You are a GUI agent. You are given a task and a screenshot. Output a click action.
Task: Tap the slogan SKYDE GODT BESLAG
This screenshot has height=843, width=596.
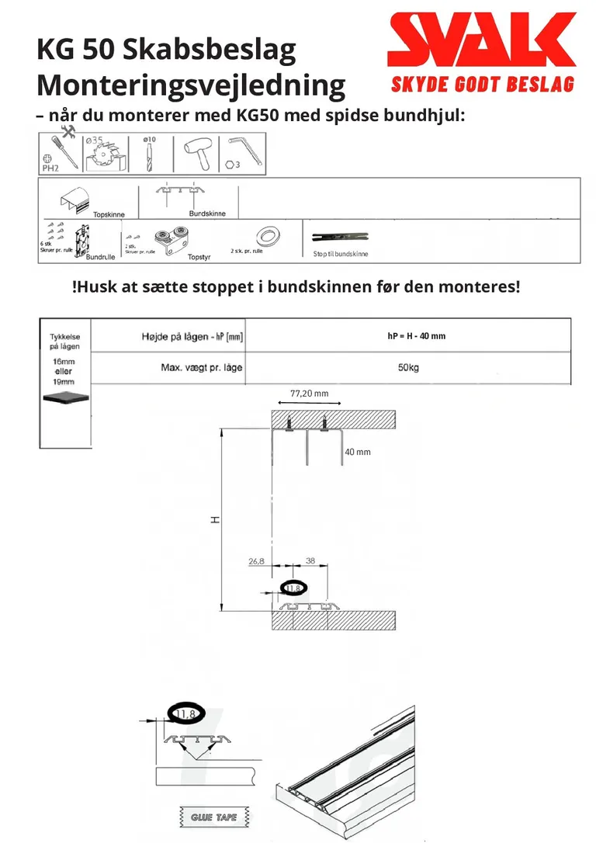pyautogui.click(x=482, y=83)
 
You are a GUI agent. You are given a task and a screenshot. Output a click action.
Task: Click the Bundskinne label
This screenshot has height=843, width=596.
pyautogui.click(x=207, y=213)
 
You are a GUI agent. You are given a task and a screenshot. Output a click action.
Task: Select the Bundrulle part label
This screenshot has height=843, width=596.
pyautogui.click(x=102, y=256)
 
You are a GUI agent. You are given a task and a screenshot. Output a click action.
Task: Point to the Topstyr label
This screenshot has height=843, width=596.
pyautogui.click(x=199, y=256)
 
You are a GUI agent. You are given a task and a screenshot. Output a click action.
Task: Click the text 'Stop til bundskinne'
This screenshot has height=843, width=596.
pyautogui.click(x=340, y=254)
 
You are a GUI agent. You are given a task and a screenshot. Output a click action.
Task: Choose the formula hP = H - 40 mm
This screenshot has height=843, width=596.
pyautogui.click(x=416, y=336)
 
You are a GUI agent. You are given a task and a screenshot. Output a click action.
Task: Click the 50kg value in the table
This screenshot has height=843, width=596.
pyautogui.click(x=408, y=367)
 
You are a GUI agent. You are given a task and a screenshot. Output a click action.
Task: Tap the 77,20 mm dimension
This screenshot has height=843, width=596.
pyautogui.click(x=309, y=394)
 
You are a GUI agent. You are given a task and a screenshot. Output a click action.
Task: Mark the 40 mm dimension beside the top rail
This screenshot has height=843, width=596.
pyautogui.click(x=358, y=451)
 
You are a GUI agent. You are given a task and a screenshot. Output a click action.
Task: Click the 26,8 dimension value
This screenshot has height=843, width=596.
pyautogui.click(x=257, y=560)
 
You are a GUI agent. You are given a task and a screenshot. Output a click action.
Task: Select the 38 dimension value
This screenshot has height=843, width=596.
pyautogui.click(x=310, y=560)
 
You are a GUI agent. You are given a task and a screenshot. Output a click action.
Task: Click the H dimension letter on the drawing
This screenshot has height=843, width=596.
pyautogui.click(x=215, y=519)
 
